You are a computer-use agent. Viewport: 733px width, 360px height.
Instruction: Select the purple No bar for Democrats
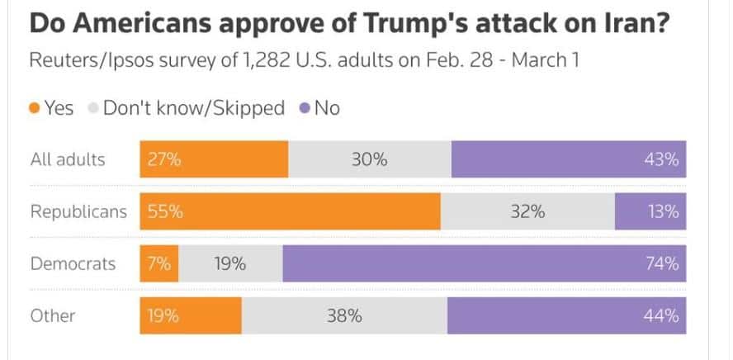484,264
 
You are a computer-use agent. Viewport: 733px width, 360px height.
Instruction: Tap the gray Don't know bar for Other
344,315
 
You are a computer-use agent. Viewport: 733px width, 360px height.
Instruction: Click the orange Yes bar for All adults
214,159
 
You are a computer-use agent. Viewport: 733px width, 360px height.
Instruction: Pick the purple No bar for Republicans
650,211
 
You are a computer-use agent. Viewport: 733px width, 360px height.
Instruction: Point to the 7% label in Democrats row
159,264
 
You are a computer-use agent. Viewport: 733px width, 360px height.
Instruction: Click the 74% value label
663,264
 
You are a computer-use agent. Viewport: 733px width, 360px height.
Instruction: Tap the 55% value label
165,211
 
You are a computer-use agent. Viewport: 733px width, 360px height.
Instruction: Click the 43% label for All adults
663,159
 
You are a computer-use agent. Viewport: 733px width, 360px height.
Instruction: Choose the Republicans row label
78,211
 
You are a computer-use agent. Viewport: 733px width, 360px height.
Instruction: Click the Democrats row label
73,264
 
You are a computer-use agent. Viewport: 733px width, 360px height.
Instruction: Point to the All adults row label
68,159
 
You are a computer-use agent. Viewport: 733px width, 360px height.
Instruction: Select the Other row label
53,315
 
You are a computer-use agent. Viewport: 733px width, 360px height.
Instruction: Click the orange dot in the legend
35,108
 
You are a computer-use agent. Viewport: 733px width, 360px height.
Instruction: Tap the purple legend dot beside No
305,108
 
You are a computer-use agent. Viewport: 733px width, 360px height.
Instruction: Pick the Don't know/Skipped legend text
193,108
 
